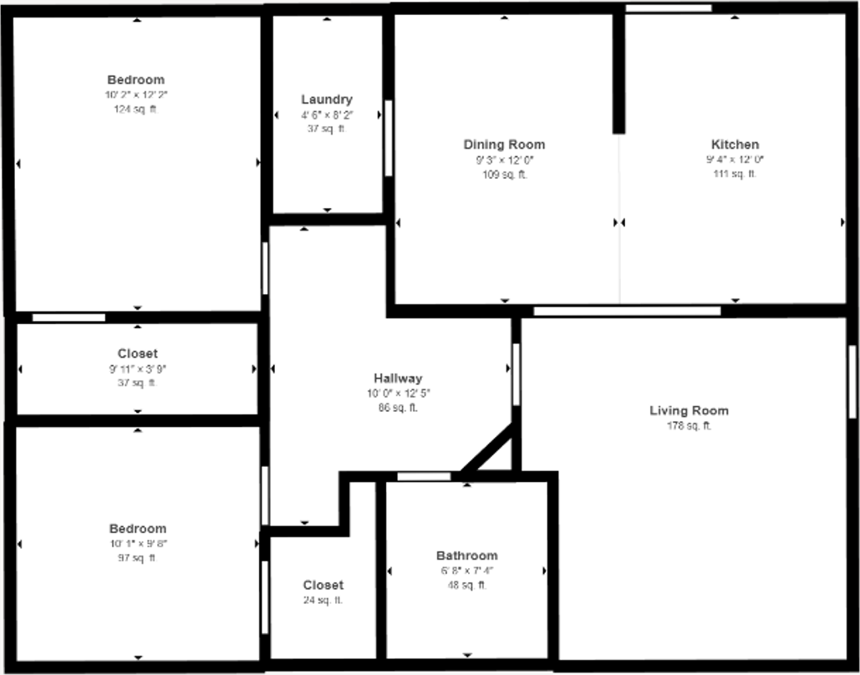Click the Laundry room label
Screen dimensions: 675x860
coord(327,99)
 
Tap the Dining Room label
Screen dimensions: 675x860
coord(504,145)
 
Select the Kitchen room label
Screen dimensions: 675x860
coord(735,145)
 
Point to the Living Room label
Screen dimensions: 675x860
coord(689,410)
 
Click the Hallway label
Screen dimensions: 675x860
coord(398,378)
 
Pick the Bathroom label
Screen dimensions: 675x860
coord(466,556)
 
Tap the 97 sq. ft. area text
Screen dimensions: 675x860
coord(137,558)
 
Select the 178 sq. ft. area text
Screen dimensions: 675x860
coord(689,426)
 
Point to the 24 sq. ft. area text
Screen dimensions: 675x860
coord(323,600)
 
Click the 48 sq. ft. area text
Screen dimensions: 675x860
coord(466,586)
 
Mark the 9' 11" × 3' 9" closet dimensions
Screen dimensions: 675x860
coord(137,368)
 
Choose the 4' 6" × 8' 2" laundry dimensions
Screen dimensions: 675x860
coord(327,114)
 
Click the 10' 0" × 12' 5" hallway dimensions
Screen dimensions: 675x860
coord(398,393)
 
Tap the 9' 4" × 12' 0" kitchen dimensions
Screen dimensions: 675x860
coord(735,159)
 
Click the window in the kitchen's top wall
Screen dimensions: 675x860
coord(669,8)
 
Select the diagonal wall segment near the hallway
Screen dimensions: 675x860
coord(488,449)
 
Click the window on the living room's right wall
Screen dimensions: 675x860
coord(852,382)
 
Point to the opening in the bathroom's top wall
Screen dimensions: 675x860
coord(423,477)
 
